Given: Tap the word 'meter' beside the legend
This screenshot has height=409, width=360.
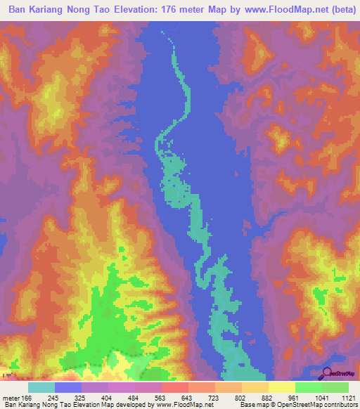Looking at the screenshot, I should (x=13, y=397).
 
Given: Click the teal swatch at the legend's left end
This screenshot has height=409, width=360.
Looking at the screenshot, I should (x=41, y=387).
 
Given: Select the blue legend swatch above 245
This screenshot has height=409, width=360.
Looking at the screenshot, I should (x=68, y=387).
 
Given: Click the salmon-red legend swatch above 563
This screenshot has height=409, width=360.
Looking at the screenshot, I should (x=174, y=387).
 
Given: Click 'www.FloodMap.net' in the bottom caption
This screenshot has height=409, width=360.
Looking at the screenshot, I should (x=184, y=405).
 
